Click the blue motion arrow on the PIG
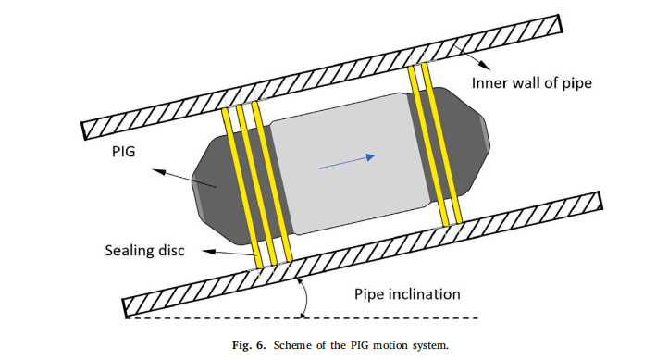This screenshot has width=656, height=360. pyautogui.click(x=347, y=162)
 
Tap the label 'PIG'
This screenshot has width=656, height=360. pyautogui.click(x=123, y=151)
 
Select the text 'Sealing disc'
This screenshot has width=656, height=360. pyautogui.click(x=144, y=250)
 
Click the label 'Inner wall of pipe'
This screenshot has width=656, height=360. pyautogui.click(x=532, y=83)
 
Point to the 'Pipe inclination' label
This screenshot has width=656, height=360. pyautogui.click(x=407, y=294)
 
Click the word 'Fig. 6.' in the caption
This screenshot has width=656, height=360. pyautogui.click(x=249, y=346)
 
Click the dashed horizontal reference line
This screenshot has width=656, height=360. pyautogui.click(x=302, y=318)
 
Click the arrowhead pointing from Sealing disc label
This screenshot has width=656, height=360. pyautogui.click(x=208, y=251)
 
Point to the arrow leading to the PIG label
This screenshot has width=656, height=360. pyautogui.click(x=184, y=178)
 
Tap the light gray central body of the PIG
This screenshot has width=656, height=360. pyautogui.click(x=347, y=163)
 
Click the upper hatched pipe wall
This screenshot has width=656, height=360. pyautogui.click(x=322, y=77)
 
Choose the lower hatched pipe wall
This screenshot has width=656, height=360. pyautogui.click(x=363, y=254)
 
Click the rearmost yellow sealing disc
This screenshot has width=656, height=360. pyautogui.click(x=241, y=188)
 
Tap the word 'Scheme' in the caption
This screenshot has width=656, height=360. pyautogui.click(x=293, y=346)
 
